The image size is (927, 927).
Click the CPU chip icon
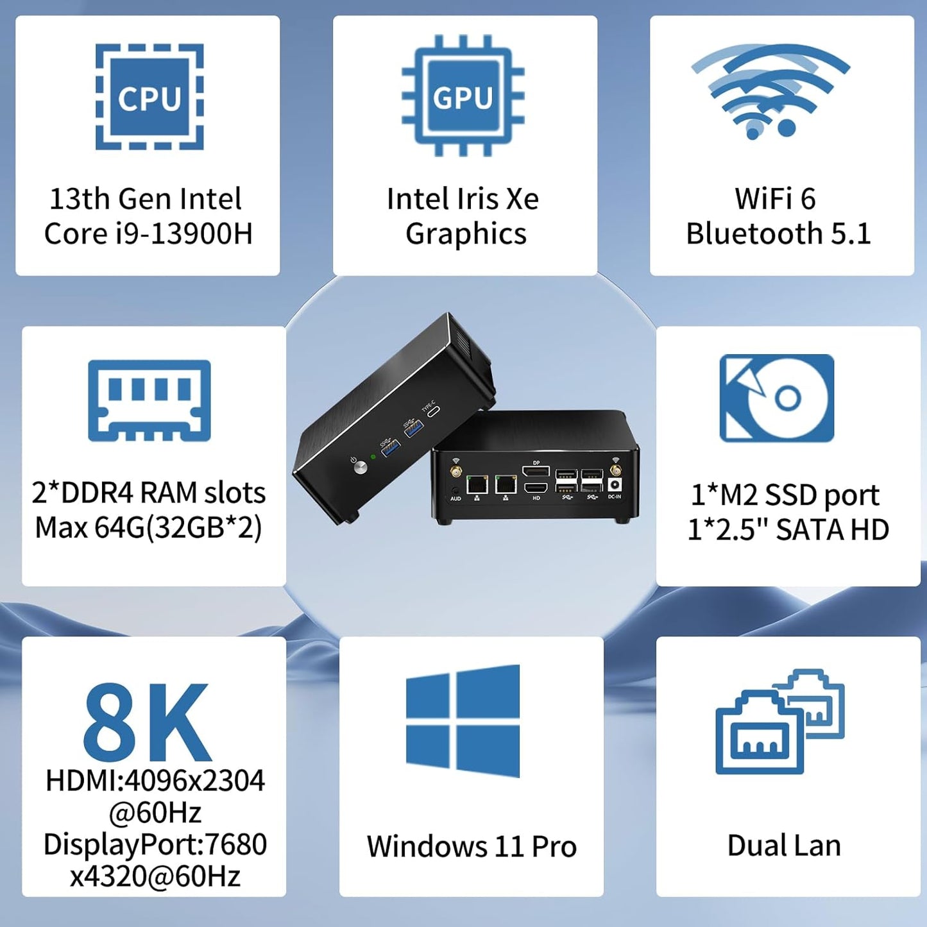pyautogui.click(x=149, y=97)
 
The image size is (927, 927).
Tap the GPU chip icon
pyautogui.click(x=463, y=96)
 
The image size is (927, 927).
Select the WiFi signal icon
pyautogui.click(x=770, y=91)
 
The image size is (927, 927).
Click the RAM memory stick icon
pyautogui.click(x=149, y=400)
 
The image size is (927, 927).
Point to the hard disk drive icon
pyautogui.click(x=777, y=398)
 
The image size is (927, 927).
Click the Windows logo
pyautogui.click(x=463, y=721)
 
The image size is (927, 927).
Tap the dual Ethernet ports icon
pyautogui.click(x=780, y=721)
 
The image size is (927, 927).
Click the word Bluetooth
pyautogui.click(x=754, y=234)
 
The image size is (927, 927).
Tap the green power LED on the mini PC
pyautogui.click(x=373, y=457)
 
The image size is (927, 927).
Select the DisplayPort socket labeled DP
pyautogui.click(x=536, y=470)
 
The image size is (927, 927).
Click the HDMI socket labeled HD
pyautogui.click(x=536, y=488)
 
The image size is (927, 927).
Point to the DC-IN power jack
pyautogui.click(x=615, y=485)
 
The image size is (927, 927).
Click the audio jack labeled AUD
pyautogui.click(x=455, y=490)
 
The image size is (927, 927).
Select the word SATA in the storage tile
pyautogui.click(x=808, y=530)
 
